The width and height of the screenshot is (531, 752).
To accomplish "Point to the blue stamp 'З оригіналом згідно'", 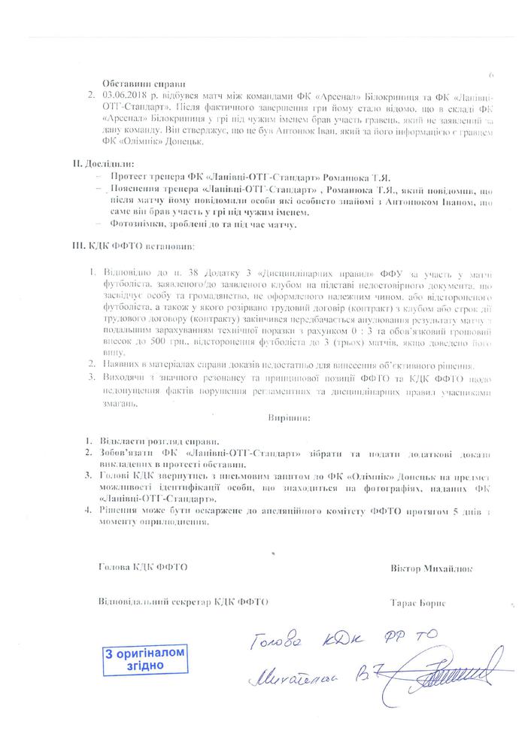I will (x=142, y=660).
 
